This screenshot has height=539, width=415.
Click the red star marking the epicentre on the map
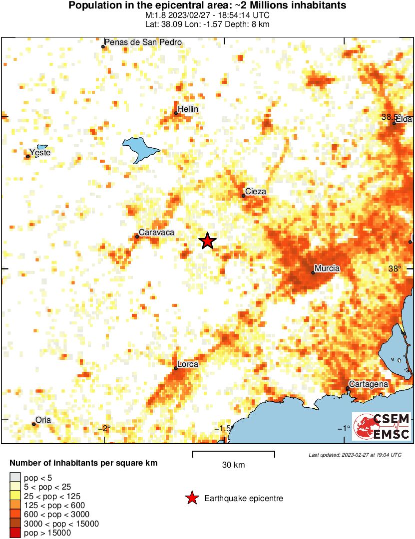tap(207, 241)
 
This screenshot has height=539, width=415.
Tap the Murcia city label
tap(328, 269)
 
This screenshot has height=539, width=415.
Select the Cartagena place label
tap(369, 384)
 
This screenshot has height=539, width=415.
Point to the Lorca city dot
tap(176, 368)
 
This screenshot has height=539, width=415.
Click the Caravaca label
tap(156, 232)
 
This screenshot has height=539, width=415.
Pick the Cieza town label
tap(256, 192)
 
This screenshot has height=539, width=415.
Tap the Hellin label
tap(188, 109)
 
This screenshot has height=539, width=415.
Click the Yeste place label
tap(40, 152)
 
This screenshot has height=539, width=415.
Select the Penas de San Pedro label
tap(143, 42)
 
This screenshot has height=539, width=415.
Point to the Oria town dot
tap(34, 424)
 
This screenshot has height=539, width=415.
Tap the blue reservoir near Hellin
tap(140, 148)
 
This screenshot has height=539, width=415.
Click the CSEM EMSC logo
tap(382, 426)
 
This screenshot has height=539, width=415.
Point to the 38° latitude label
tap(395, 269)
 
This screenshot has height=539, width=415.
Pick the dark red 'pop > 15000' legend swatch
tap(15, 533)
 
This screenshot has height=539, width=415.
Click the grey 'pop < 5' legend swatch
tap(15, 478)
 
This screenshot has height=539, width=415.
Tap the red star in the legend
tap(191, 498)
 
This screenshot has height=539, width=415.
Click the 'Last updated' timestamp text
tap(355, 455)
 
